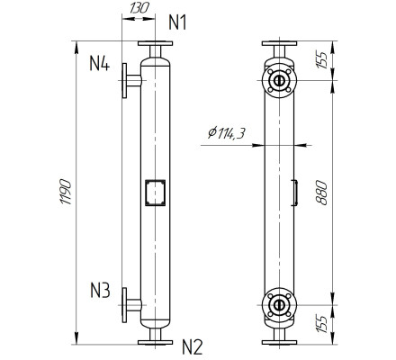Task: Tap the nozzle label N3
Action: point(100,291)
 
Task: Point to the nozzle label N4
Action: point(100,65)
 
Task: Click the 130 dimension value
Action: point(138,7)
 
